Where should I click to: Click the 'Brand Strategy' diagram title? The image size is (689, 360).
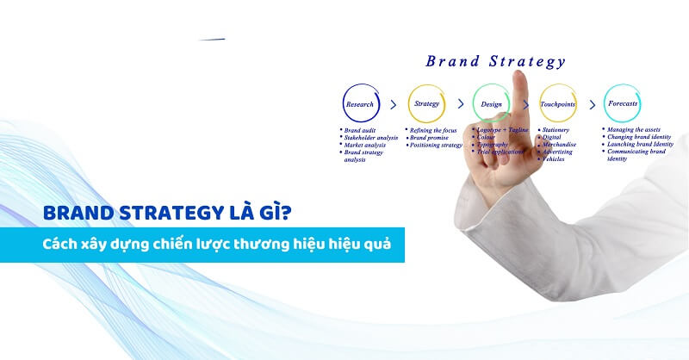[x=495, y=62]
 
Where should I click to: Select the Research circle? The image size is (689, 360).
[x=360, y=103]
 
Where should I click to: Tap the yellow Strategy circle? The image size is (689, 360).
[x=426, y=103]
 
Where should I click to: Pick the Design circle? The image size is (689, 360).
[x=491, y=103]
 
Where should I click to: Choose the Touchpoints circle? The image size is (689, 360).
[x=557, y=103]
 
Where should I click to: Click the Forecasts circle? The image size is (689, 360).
[x=622, y=103]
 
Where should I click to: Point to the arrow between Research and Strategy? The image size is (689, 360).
[x=393, y=104]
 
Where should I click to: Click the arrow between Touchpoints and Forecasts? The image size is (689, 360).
[x=591, y=104]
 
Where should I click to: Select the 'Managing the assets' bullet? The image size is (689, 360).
[x=636, y=130]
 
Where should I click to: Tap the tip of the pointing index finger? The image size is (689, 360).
[x=519, y=75]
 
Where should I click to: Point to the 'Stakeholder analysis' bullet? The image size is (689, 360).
[x=371, y=138]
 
